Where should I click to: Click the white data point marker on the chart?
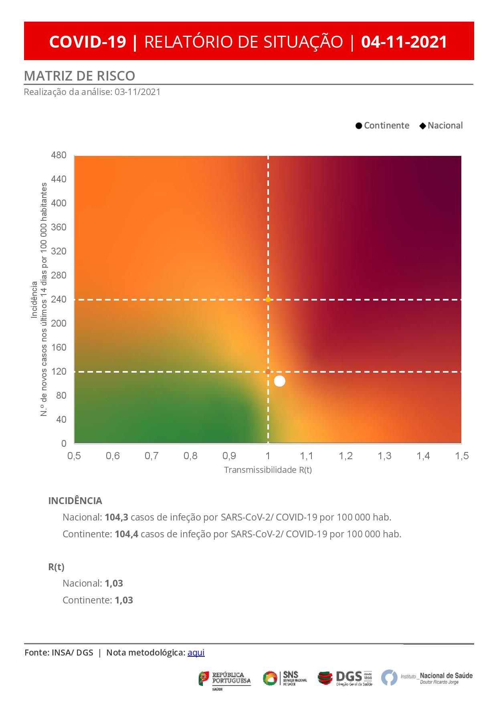tap(279, 381)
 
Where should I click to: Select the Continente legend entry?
tap(382, 125)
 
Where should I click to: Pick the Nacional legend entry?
tap(441, 125)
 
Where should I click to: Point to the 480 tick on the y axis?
tap(59, 155)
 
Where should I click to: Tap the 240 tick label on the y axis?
tap(59, 299)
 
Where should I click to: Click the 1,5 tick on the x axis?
tap(462, 456)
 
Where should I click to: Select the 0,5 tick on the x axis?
tap(74, 456)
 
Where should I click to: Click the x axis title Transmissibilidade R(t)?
tap(268, 470)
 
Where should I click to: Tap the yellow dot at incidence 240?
tap(268, 299)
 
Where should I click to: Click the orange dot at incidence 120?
tap(268, 372)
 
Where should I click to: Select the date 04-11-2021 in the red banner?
tap(404, 42)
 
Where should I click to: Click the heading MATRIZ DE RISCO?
tap(79, 76)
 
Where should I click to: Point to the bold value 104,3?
tap(116, 517)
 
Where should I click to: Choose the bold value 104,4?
tap(126, 534)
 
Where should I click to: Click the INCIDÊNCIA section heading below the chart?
tap(75, 501)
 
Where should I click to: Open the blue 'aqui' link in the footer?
tap(196, 652)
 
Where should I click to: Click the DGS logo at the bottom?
tap(345, 678)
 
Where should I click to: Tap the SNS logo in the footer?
tap(285, 678)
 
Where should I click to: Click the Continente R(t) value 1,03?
tap(123, 600)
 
